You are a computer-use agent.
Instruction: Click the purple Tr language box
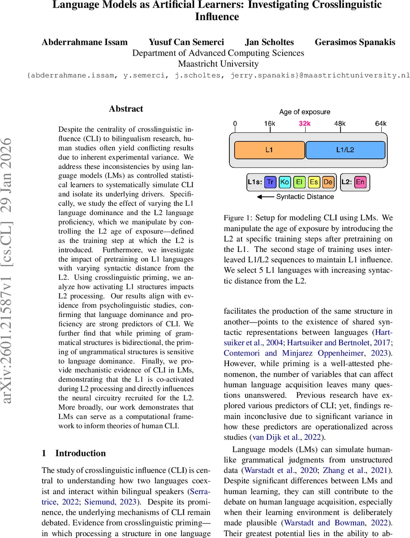[270, 182]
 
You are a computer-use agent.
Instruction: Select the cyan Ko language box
[285, 182]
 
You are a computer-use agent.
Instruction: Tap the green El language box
[299, 182]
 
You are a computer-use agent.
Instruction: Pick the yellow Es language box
[314, 182]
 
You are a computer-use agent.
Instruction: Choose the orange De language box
[328, 182]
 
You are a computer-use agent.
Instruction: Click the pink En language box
[360, 182]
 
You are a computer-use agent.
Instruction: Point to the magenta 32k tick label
[305, 124]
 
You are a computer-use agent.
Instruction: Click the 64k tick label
[380, 124]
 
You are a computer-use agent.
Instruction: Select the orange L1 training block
[269, 150]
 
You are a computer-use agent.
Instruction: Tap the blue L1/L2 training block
[345, 150]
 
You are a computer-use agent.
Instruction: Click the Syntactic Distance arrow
[267, 197]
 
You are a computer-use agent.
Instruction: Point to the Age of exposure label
[305, 112]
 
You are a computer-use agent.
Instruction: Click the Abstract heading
[126, 109]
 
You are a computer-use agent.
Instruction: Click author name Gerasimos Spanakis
[355, 43]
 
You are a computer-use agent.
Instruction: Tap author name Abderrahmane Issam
[85, 43]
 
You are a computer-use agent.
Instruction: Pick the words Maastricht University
[218, 64]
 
